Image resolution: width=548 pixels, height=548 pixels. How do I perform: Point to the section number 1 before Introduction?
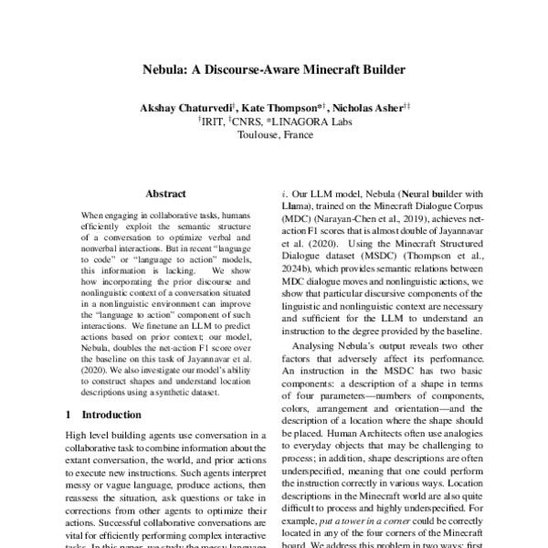click(x=69, y=414)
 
